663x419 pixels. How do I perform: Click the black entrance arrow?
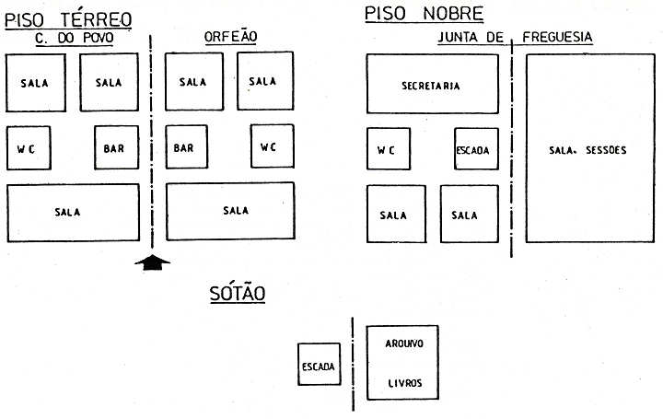tap(153, 262)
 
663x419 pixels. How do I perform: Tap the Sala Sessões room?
tap(587, 147)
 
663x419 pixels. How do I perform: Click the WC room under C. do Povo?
tap(27, 148)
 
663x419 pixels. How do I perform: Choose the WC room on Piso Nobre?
tap(388, 150)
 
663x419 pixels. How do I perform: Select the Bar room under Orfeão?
tap(185, 147)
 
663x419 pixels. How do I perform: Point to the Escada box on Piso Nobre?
tap(473, 150)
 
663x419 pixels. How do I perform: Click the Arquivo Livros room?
tap(401, 363)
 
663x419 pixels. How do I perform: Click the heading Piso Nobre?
tap(425, 13)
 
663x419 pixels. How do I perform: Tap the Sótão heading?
tap(238, 294)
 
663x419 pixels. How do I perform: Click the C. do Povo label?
tap(74, 38)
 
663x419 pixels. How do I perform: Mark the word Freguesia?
tap(557, 38)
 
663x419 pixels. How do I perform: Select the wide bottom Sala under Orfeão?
tap(230, 211)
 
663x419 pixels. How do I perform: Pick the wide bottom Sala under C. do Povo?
tap(72, 213)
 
